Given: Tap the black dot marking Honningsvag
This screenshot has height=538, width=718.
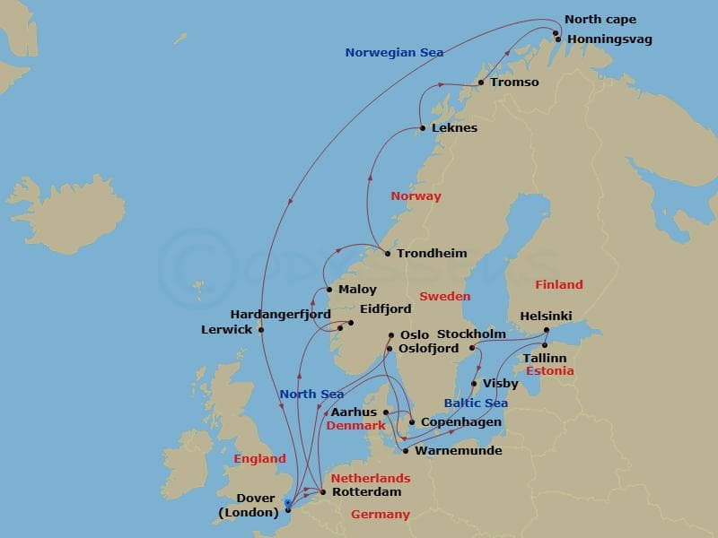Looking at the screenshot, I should tap(558, 39).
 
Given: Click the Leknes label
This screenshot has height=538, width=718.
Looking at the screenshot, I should tap(454, 128).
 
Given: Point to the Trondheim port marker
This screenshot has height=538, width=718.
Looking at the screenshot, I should tap(388, 254).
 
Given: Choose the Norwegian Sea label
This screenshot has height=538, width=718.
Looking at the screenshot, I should tap(393, 53).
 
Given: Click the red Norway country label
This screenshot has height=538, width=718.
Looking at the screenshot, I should tap(416, 196).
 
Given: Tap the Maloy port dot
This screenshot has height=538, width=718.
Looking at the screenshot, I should tap(330, 290).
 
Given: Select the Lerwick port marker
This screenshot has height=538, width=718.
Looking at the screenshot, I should tap(261, 330).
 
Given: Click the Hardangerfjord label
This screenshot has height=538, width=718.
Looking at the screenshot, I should tap(280, 315).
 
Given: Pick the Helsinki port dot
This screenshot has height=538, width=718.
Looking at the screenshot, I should tap(546, 331).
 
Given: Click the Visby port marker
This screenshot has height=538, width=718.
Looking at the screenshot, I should tap(475, 384).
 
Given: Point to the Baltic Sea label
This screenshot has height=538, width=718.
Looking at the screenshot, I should tap(476, 403).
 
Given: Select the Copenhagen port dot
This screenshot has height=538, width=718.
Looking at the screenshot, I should tap(412, 422).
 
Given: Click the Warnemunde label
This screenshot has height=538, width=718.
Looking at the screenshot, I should tap(458, 451).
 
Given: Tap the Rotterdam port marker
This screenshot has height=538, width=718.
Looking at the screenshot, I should tap(323, 492).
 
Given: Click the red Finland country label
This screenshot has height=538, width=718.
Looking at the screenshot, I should tap(558, 285).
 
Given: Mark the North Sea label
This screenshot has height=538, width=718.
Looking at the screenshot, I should tap(311, 395).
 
